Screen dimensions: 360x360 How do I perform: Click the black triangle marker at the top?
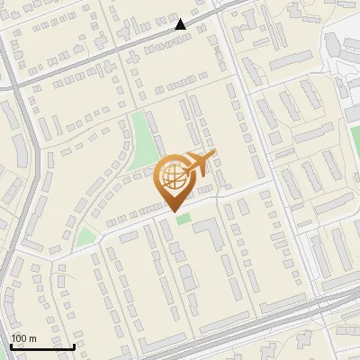(x=181, y=24)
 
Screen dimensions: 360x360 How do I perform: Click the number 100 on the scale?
(x=21, y=337)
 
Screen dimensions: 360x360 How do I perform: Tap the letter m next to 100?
(x=35, y=337)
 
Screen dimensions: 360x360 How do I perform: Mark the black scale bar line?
(x=42, y=346)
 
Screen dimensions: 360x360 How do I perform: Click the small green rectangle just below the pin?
(x=184, y=219)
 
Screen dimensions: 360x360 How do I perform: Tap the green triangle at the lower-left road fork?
(x=85, y=237)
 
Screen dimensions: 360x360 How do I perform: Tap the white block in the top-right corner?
(x=342, y=45)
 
